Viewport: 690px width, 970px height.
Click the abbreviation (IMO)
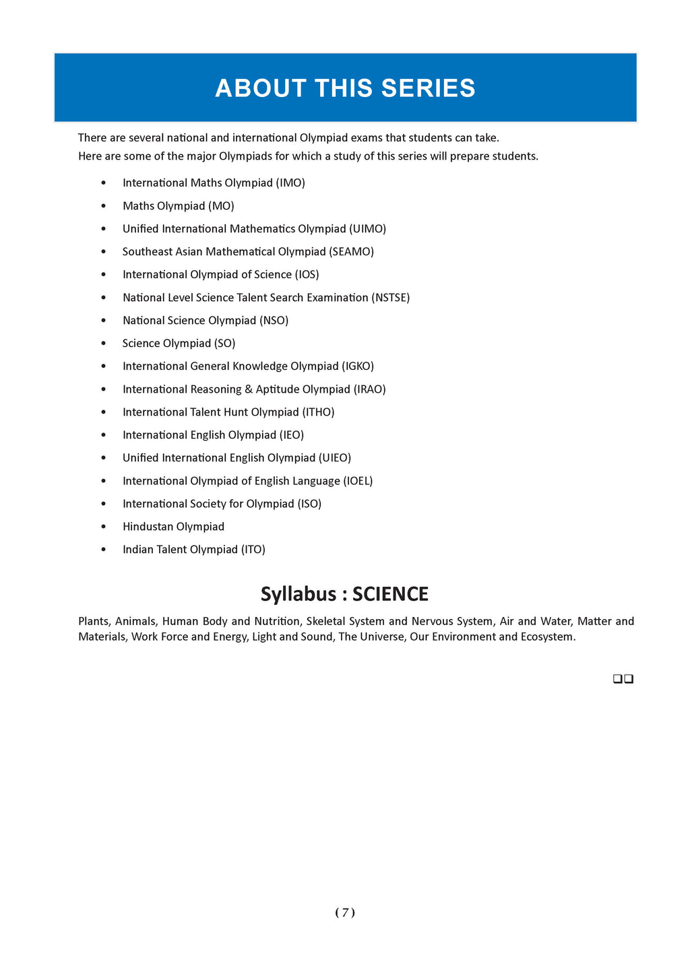pyautogui.click(x=290, y=183)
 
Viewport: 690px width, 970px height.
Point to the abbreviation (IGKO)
pyautogui.click(x=358, y=366)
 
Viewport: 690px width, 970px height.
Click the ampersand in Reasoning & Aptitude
pyautogui.click(x=249, y=389)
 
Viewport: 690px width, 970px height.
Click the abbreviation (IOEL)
pyautogui.click(x=358, y=481)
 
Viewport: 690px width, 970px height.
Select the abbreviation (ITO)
pyautogui.click(x=253, y=550)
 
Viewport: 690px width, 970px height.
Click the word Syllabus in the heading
pyautogui.click(x=298, y=594)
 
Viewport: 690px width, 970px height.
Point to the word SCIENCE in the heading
pyautogui.click(x=390, y=594)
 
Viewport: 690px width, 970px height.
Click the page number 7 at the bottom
pyautogui.click(x=345, y=913)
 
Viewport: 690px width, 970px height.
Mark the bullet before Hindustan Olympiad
pyautogui.click(x=103, y=527)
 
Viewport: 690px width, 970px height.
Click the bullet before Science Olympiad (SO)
pyautogui.click(x=103, y=344)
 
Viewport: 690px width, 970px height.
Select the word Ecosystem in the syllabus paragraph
pyautogui.click(x=547, y=637)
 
